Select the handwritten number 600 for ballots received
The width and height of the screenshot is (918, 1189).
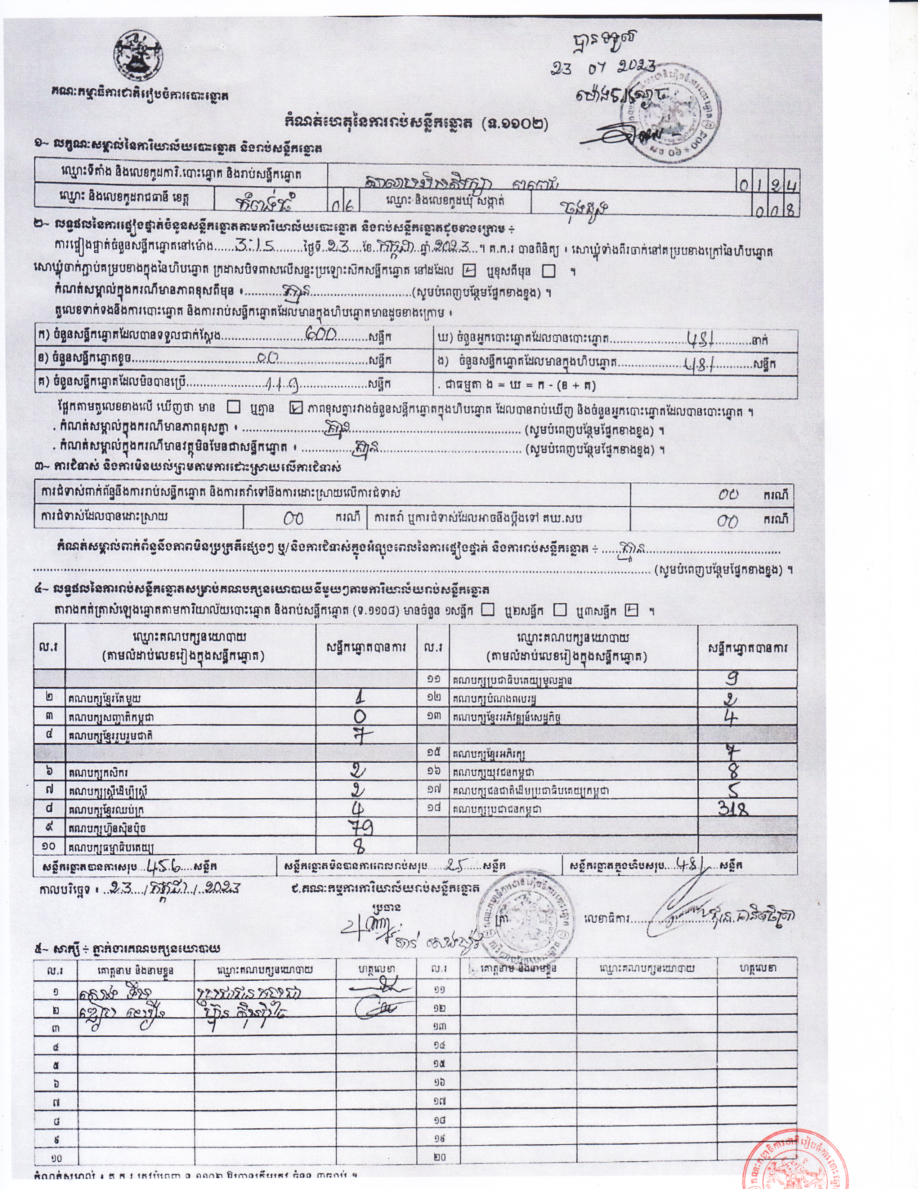[x=322, y=334]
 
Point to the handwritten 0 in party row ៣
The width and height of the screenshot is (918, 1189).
[x=360, y=716]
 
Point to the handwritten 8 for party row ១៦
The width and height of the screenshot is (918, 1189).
[x=733, y=771]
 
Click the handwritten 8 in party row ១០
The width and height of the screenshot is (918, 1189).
[x=360, y=847]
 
